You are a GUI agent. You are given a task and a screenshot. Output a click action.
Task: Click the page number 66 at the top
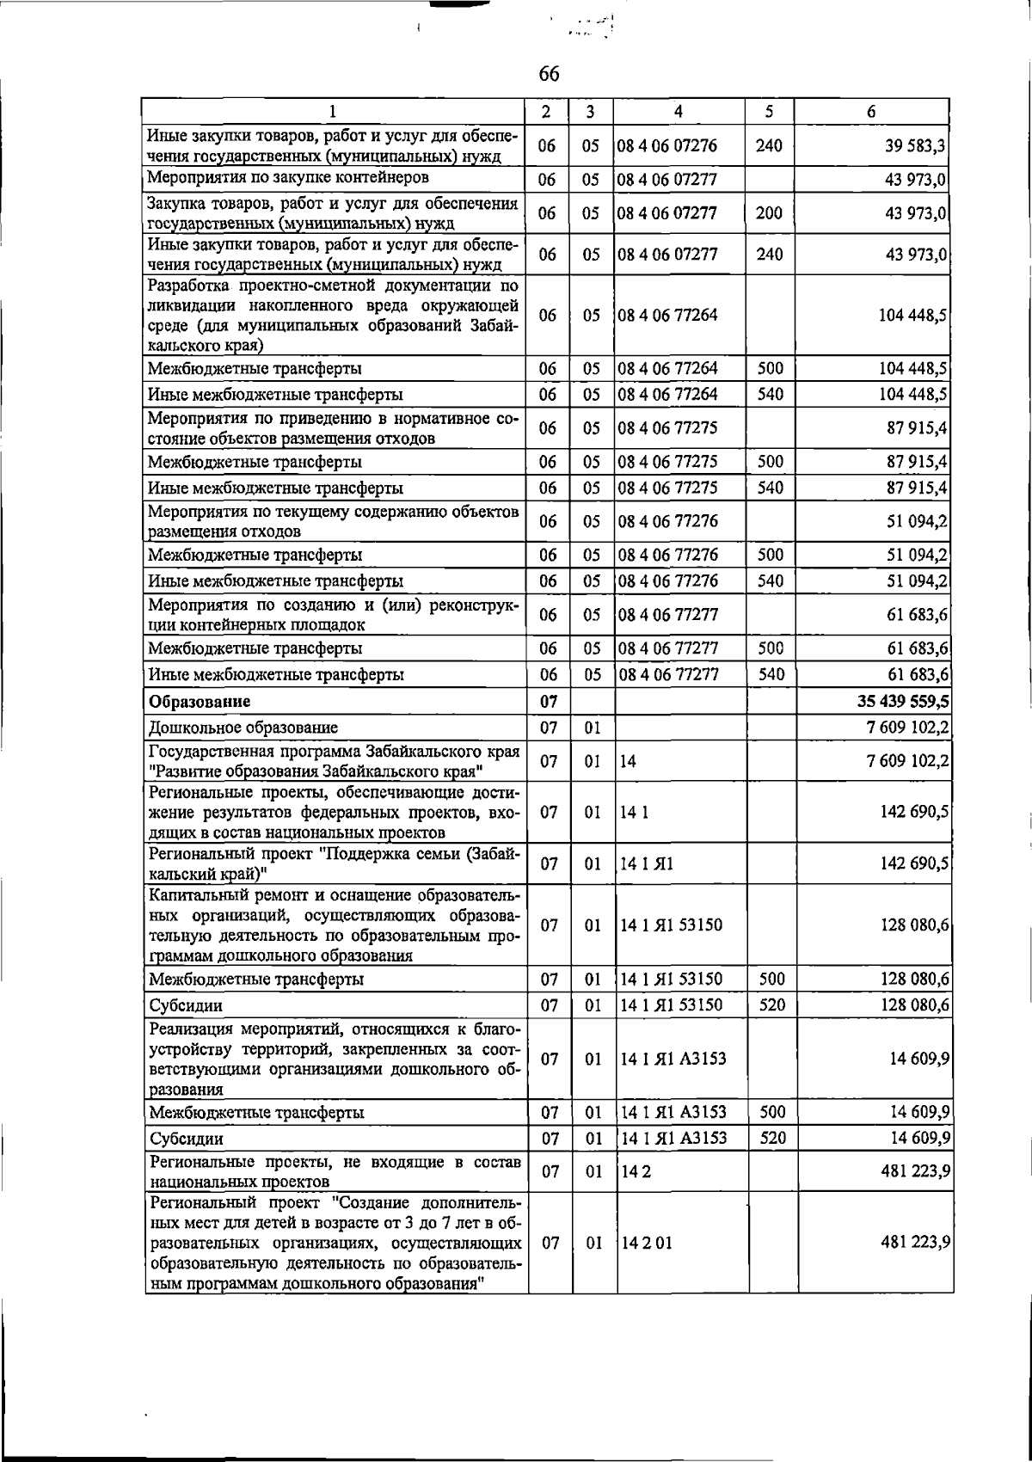coord(549,74)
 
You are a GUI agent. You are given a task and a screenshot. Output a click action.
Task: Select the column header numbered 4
coord(679,111)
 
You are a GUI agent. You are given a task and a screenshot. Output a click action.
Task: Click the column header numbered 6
coord(871,111)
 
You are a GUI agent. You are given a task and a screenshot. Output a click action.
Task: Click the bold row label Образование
coord(200,702)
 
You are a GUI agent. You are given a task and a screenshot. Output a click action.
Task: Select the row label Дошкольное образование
coord(243,728)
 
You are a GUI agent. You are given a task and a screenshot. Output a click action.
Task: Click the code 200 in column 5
coord(769,212)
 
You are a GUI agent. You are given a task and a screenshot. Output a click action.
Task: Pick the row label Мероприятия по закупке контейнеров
coord(288,178)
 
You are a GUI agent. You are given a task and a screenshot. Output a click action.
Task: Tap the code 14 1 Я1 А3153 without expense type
coord(673,1059)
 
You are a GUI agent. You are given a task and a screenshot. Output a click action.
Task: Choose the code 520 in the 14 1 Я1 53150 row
coord(771,1004)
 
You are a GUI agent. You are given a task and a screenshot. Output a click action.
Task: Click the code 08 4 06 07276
coord(667,146)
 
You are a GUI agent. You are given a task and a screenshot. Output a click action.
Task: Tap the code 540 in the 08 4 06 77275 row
coord(771,488)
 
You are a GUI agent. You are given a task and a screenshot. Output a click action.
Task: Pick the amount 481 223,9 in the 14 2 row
coord(914,1171)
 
